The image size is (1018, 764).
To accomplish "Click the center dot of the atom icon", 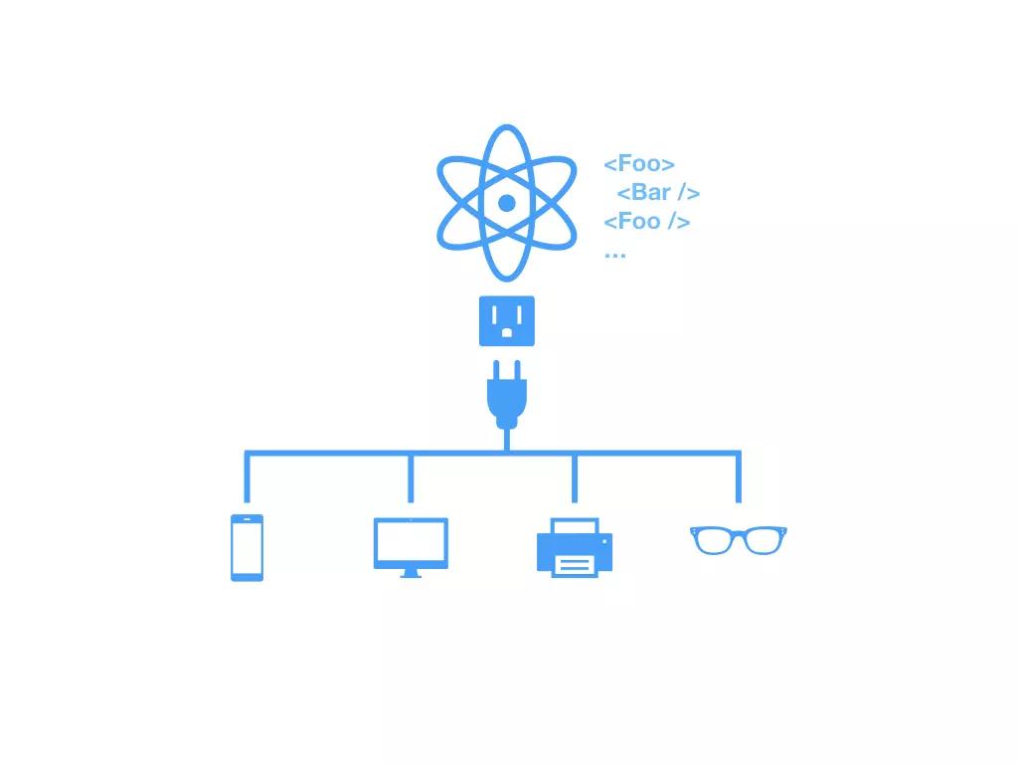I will pos(506,203).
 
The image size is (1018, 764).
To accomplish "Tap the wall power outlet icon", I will pos(507,321).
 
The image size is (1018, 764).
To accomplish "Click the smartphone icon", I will pos(247,547).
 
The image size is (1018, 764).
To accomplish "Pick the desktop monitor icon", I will pos(411,546).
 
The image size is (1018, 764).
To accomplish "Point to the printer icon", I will pos(575,547).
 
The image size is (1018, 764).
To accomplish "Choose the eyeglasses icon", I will pos(739,540).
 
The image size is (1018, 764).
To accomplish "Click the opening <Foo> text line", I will pos(639,164).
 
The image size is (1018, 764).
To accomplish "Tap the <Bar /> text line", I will pos(658,193).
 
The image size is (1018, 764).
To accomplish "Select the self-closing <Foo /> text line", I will pos(647,221).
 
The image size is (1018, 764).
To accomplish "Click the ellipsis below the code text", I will pos(614,253).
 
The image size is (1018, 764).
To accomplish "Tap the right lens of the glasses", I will pos(763,541).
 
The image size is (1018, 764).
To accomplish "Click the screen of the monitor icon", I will pos(411,542).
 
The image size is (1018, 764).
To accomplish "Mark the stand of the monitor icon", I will pos(411,573).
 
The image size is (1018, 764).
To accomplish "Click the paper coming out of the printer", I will pos(575,565).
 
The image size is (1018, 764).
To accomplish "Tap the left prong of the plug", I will pos(495,370).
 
